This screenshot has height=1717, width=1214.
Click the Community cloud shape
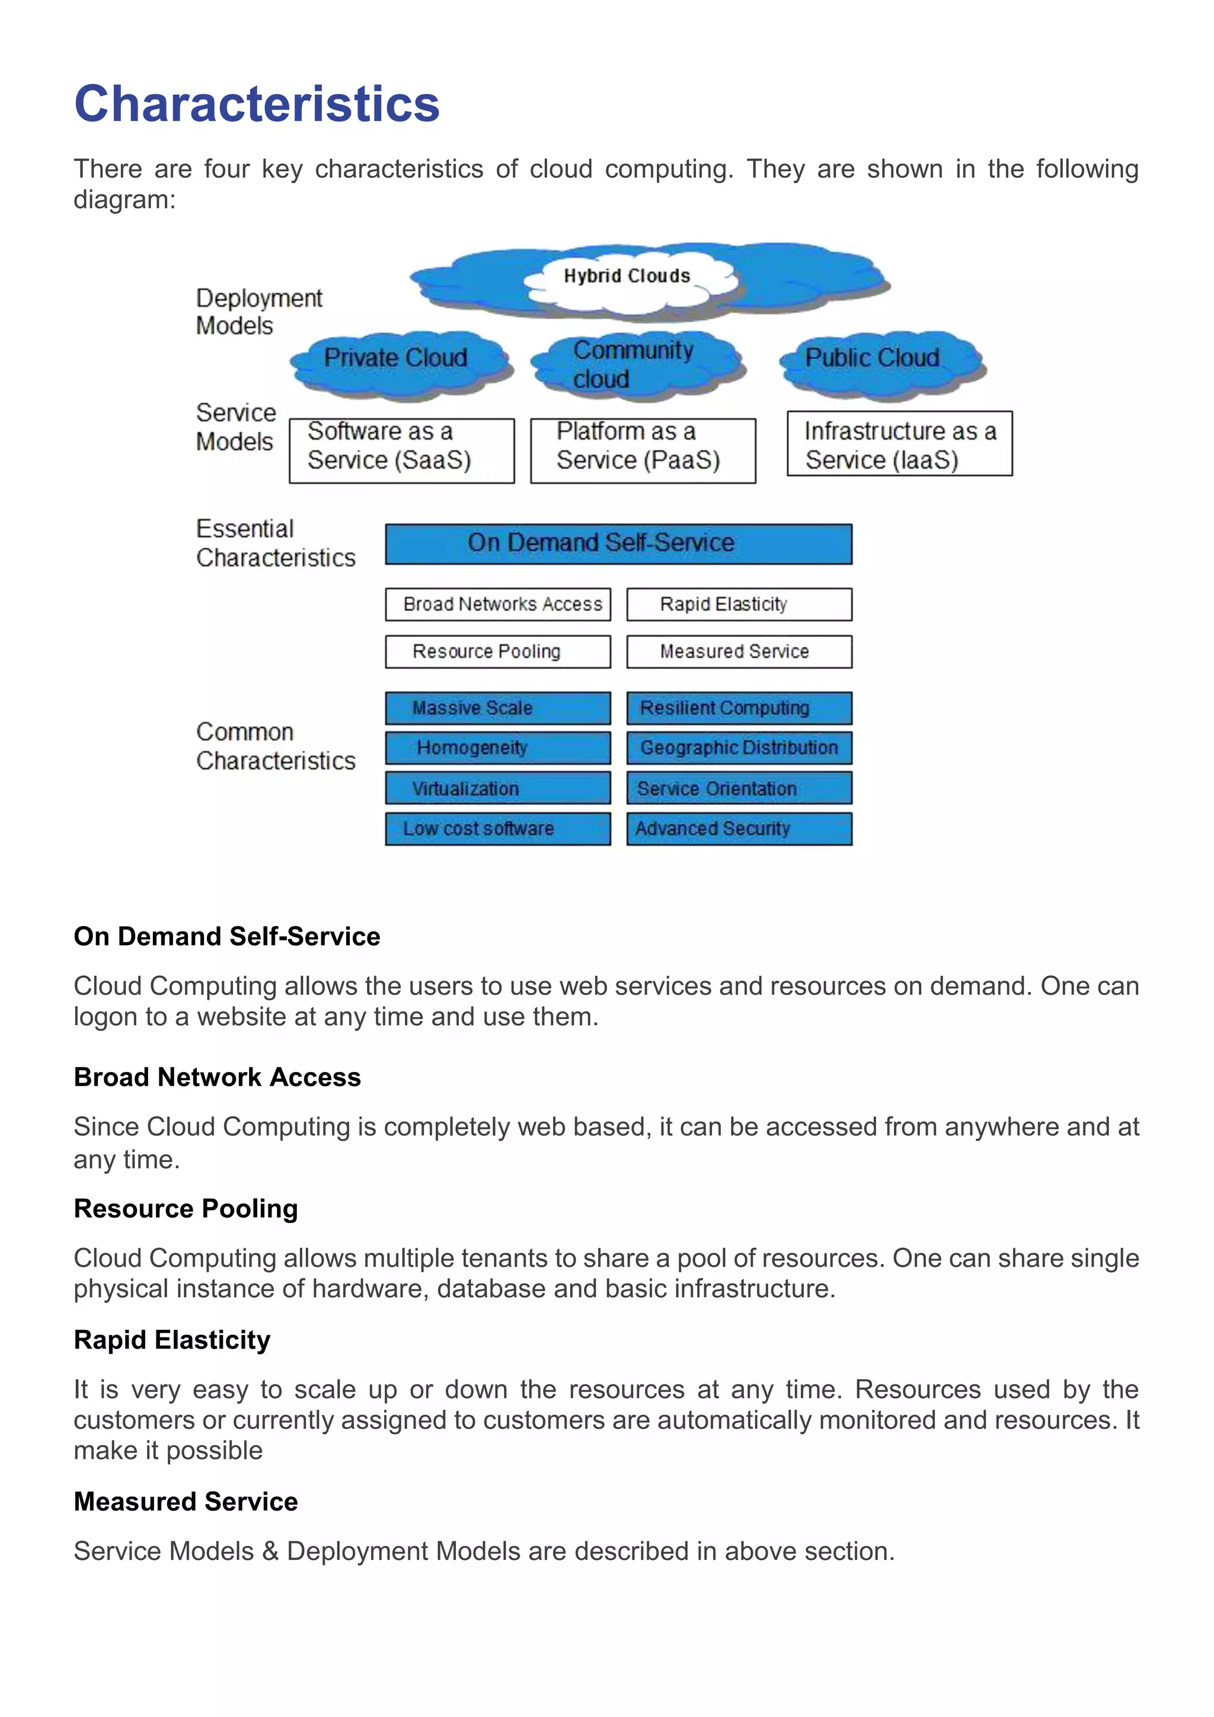point(635,364)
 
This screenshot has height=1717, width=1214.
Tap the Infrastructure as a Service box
point(899,443)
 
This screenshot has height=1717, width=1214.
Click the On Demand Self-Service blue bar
point(618,544)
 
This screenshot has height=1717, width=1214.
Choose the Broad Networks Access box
point(498,604)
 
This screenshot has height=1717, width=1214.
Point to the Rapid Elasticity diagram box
point(739,604)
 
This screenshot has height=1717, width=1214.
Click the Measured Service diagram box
point(739,652)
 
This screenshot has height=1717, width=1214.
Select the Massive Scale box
point(498,708)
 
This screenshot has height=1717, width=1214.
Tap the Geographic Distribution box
point(739,748)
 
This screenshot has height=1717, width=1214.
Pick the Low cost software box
point(498,829)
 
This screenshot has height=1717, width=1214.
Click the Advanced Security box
point(739,829)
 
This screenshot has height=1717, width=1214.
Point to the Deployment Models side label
point(258,312)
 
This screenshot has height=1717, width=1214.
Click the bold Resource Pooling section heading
point(186,1208)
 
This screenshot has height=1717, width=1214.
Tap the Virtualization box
point(498,788)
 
